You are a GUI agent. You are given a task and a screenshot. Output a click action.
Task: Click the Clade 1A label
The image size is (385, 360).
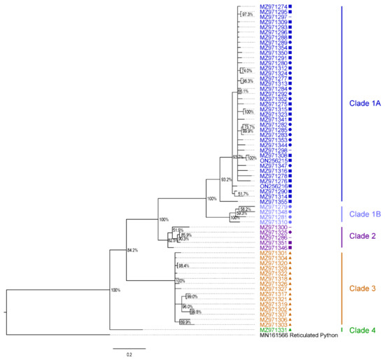363,103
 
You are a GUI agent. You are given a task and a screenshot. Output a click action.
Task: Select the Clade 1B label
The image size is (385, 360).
363,213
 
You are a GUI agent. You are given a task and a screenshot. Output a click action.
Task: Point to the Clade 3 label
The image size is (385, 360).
362,288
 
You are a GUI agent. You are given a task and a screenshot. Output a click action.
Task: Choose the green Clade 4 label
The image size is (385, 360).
362,330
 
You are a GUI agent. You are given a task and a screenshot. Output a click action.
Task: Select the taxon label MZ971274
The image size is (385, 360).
274,7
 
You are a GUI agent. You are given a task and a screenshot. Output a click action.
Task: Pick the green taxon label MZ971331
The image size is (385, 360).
274,330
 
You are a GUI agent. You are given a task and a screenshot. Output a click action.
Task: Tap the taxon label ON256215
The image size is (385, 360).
274,160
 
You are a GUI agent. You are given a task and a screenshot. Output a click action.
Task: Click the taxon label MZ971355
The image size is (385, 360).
274,202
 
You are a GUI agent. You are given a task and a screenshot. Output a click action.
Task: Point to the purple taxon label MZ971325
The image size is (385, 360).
274,233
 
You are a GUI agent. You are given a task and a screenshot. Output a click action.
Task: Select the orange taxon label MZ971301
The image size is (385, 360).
274,253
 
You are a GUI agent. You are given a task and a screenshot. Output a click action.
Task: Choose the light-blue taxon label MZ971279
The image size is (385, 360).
274,207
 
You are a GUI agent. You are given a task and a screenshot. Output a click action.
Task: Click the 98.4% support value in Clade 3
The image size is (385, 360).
184,266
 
